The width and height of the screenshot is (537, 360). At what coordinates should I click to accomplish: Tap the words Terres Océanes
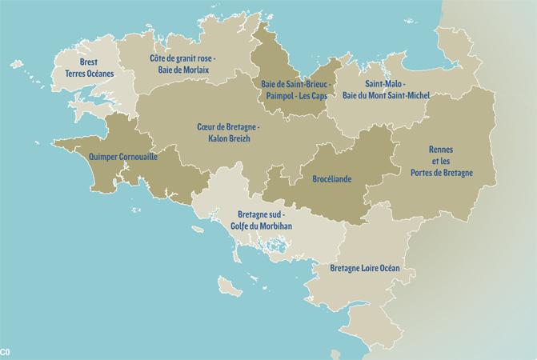pos(89,74)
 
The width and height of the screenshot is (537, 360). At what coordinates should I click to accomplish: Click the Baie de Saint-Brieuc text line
pos(294,83)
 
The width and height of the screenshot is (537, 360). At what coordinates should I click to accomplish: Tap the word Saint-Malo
pos(385,83)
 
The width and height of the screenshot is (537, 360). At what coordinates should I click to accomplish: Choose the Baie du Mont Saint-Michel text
pos(387,95)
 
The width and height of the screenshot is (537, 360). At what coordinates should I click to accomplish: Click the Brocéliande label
pos(332,180)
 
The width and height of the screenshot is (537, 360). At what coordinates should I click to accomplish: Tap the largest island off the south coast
pos(230,285)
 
